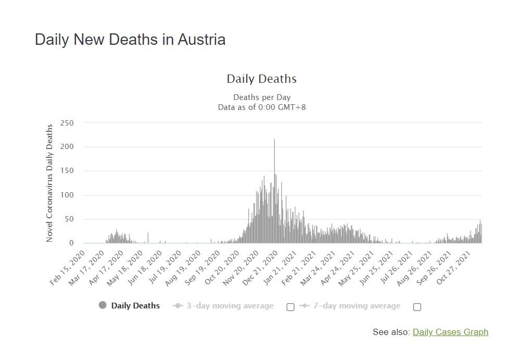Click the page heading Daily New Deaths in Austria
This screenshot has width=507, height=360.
click(130, 40)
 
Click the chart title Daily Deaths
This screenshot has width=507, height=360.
click(261, 79)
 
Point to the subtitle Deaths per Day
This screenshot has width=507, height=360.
click(262, 97)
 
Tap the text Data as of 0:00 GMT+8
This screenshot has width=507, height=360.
click(262, 107)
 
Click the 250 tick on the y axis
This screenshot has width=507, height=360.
click(68, 123)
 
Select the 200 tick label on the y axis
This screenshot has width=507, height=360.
click(68, 147)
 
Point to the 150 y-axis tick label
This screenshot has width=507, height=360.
click(68, 171)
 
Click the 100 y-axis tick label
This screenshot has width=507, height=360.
click(68, 195)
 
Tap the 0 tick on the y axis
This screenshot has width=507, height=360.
click(71, 243)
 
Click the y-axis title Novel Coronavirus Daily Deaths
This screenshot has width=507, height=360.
click(50, 183)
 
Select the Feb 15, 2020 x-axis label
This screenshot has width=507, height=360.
click(68, 267)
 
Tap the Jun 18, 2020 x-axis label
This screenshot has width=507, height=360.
click(146, 267)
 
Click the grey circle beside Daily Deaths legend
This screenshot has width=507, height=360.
click(103, 305)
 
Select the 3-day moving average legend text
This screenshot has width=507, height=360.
click(230, 306)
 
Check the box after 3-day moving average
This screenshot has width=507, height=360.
click(290, 307)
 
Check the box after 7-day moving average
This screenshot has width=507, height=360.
click(417, 307)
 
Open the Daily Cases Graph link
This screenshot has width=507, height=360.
click(450, 332)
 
